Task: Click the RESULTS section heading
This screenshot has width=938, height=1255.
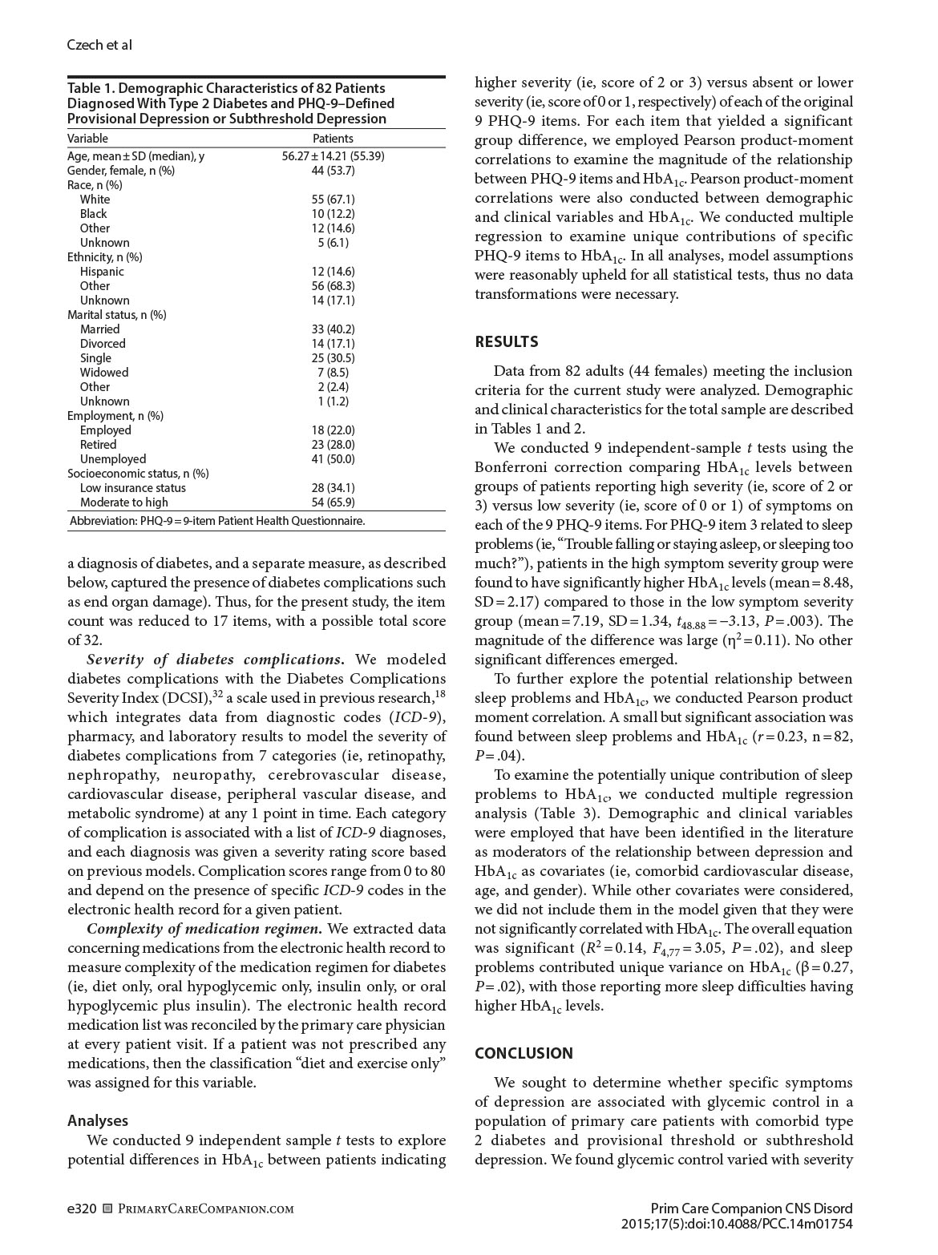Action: pyautogui.click(x=506, y=342)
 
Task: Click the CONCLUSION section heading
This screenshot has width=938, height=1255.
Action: pyautogui.click(x=524, y=1054)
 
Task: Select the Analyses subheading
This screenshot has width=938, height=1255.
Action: pyautogui.click(x=98, y=1121)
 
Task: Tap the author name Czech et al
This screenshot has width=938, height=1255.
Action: pyautogui.click(x=99, y=45)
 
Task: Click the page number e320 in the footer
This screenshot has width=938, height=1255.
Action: pyautogui.click(x=82, y=1209)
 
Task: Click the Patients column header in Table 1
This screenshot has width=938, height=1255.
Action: pyautogui.click(x=333, y=139)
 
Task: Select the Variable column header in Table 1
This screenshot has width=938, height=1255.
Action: pyautogui.click(x=87, y=139)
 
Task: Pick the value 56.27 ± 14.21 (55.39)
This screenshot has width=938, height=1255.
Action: pyautogui.click(x=333, y=156)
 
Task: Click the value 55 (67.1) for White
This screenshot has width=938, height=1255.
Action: pyautogui.click(x=333, y=200)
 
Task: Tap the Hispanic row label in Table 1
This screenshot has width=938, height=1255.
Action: pyautogui.click(x=102, y=272)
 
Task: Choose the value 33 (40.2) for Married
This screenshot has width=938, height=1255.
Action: pyautogui.click(x=333, y=329)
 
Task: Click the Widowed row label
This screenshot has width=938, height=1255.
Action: pyautogui.click(x=104, y=373)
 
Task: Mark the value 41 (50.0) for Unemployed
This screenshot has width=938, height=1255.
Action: pyautogui.click(x=333, y=459)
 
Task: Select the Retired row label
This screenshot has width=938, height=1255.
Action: pyautogui.click(x=98, y=445)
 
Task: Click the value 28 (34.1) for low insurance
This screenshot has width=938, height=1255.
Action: pyautogui.click(x=333, y=488)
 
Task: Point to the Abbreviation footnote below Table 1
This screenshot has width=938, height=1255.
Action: pyautogui.click(x=217, y=521)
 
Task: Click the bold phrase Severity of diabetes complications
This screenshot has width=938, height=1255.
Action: pyautogui.click(x=216, y=660)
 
